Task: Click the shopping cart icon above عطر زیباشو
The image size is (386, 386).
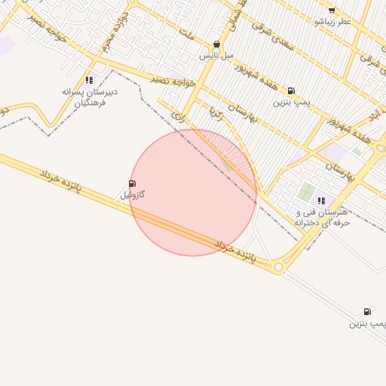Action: point(332,10)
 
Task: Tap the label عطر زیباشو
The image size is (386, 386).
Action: point(332,22)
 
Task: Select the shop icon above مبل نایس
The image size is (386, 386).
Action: point(217,44)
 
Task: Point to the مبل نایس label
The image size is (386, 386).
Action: point(217,56)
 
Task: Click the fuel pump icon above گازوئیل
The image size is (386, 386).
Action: point(132,183)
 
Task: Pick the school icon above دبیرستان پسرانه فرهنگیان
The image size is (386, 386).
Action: point(89,80)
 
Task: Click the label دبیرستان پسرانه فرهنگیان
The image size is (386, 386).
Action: point(89,96)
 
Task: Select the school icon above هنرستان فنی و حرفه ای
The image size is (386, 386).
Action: point(321,201)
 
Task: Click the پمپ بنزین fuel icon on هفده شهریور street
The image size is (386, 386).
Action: point(291,90)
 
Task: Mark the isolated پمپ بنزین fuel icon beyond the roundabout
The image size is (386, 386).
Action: point(368,311)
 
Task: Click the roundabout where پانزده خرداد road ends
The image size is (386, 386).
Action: point(278,266)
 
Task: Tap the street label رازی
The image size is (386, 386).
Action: point(178,116)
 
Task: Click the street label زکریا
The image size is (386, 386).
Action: point(216,113)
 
